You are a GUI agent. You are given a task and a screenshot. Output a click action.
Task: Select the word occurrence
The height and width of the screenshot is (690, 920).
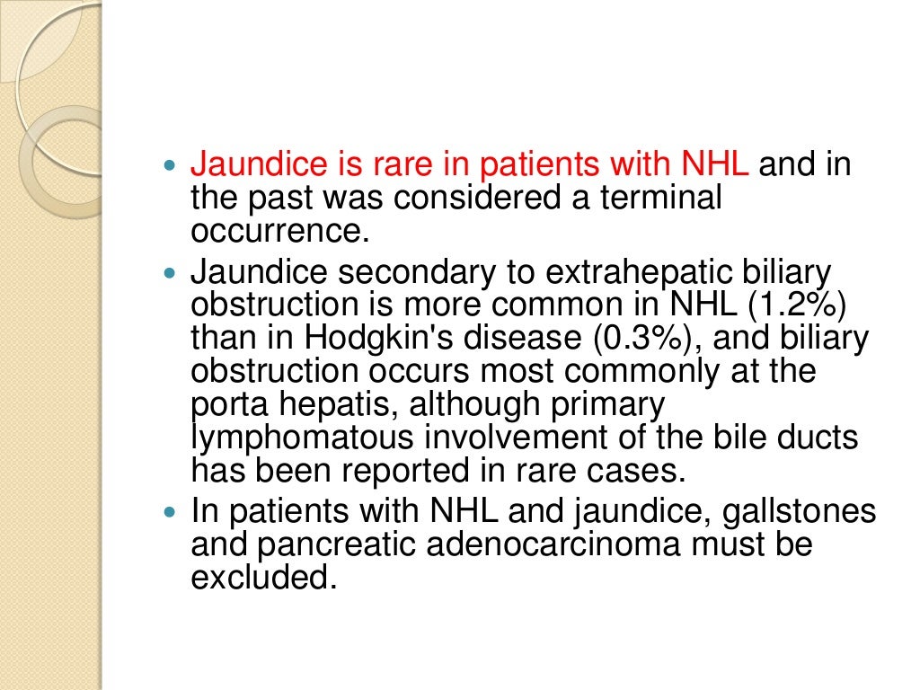click(x=279, y=231)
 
